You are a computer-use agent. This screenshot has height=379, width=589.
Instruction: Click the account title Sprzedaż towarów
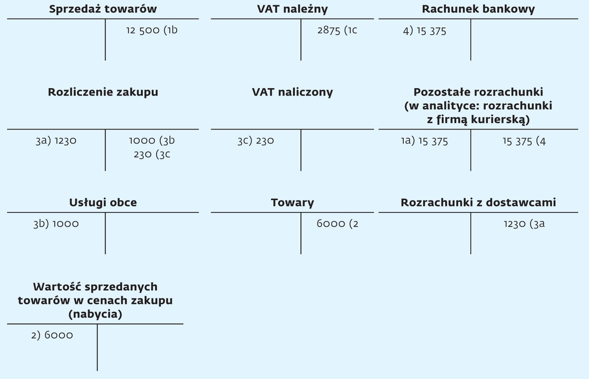103,9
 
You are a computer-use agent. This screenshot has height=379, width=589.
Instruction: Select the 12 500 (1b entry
152,30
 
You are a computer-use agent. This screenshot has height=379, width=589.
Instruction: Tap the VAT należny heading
292,9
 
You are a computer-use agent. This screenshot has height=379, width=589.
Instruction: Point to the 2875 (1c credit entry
337,30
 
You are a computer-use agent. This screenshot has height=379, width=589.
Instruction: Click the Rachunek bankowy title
478,9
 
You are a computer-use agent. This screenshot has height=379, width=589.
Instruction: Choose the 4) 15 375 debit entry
425,30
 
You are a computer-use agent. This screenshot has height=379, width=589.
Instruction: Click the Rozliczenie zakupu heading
103,92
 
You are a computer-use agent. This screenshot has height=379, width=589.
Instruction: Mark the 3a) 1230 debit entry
56,140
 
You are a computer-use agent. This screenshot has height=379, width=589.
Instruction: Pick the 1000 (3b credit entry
152,140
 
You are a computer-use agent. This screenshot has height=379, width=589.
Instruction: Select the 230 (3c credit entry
152,154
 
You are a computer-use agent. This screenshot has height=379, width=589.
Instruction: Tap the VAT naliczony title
292,92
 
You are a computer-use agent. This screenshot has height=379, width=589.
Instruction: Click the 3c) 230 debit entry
255,141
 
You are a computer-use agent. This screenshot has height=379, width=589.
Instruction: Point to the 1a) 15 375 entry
425,141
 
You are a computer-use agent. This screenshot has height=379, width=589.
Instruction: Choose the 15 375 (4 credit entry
524,141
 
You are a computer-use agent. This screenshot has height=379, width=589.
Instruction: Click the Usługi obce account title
103,202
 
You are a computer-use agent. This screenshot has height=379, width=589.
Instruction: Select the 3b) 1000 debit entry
56,224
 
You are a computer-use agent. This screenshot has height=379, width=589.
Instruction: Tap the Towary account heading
292,203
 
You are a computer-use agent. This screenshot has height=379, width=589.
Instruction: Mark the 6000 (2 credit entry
338,224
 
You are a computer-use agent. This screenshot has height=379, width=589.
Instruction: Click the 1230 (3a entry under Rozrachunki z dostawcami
524,224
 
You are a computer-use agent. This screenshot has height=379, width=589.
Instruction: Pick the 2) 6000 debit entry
52,335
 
